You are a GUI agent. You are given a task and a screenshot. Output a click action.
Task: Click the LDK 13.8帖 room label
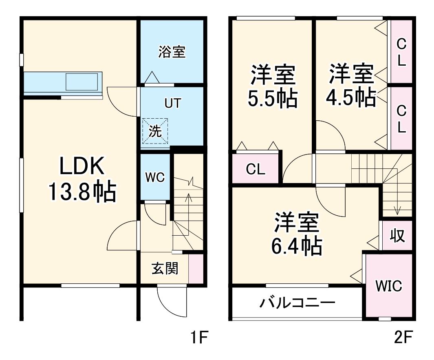tap(82, 180)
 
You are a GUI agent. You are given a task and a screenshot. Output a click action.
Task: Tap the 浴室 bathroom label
tap(172, 52)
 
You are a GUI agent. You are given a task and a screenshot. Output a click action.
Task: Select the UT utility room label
tap(172, 104)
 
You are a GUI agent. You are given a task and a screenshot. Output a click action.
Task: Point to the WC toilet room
tap(155, 177)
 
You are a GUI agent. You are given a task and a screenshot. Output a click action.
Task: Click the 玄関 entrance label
tap(165, 269)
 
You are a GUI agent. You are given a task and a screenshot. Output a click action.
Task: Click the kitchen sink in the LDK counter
tap(82, 82)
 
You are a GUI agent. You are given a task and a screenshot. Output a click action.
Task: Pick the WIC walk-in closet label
tap(388, 286)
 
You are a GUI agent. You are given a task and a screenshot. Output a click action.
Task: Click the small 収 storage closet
tap(397, 235)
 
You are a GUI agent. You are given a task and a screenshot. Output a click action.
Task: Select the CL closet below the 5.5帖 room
tap(256, 169)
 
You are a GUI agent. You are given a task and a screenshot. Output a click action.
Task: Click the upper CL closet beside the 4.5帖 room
tap(401, 52)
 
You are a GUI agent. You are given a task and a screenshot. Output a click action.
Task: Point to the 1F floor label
tap(200, 338)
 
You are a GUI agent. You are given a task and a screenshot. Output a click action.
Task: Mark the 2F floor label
tap(404, 338)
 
